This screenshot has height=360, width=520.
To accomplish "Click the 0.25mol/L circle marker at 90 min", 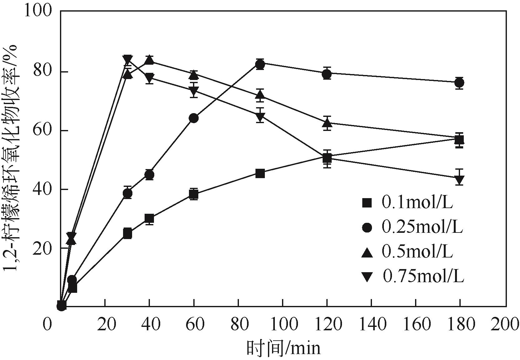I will point(260,64).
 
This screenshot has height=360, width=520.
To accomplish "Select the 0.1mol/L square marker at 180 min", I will point(459,140).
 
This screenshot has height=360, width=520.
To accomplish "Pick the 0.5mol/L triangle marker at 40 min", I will point(150,60).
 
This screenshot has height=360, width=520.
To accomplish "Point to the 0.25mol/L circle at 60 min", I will point(194,118).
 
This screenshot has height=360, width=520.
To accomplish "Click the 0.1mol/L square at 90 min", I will point(260,173).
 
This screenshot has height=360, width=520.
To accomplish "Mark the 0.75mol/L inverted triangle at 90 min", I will point(260,117).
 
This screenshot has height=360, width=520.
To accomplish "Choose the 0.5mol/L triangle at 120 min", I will point(327,123).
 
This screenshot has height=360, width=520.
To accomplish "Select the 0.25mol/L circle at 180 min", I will point(459,83).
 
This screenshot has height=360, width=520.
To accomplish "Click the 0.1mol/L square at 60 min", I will point(194,194).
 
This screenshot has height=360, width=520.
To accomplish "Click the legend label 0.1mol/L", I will point(417,203).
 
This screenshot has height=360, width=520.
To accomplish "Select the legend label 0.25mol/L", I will point(422,228).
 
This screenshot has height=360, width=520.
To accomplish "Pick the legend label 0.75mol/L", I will point(423,277).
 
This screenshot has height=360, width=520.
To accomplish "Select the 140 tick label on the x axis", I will point(371,325).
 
